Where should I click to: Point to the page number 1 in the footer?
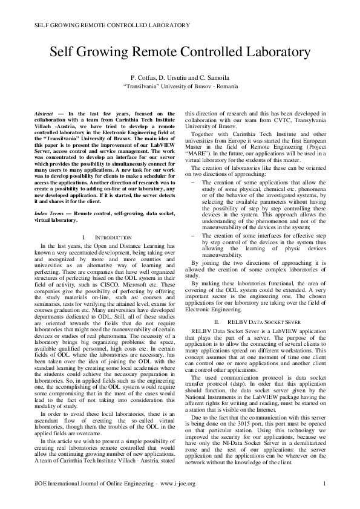pyautogui.click(x=325, y=483)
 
